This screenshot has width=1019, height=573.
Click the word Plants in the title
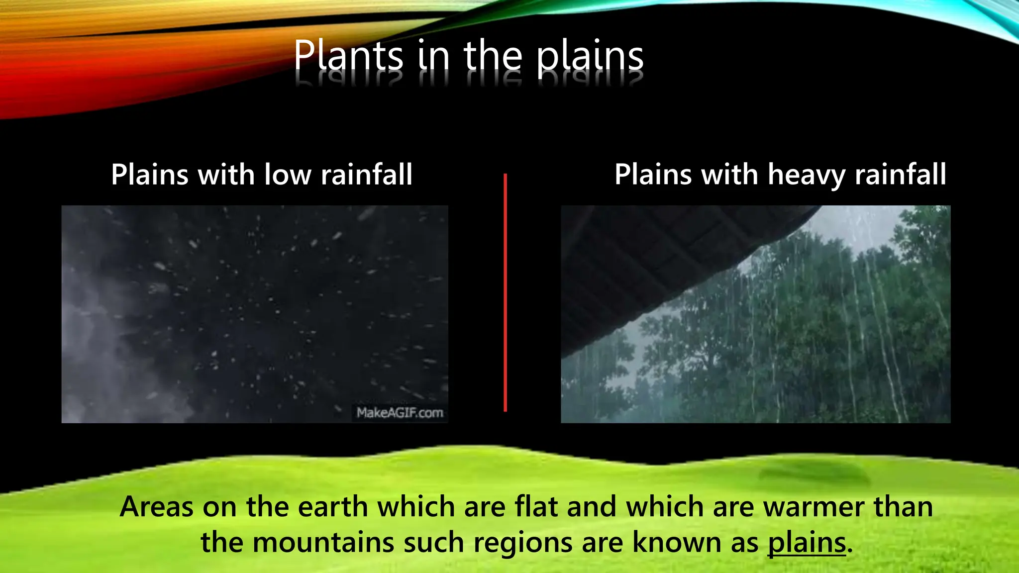click(x=348, y=56)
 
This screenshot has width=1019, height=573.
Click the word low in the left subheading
click(x=288, y=175)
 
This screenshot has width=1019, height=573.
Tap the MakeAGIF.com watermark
click(x=400, y=413)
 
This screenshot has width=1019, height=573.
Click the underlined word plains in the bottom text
click(x=807, y=542)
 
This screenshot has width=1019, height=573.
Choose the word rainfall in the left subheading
click(x=366, y=175)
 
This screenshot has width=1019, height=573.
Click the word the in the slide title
click(x=493, y=56)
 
